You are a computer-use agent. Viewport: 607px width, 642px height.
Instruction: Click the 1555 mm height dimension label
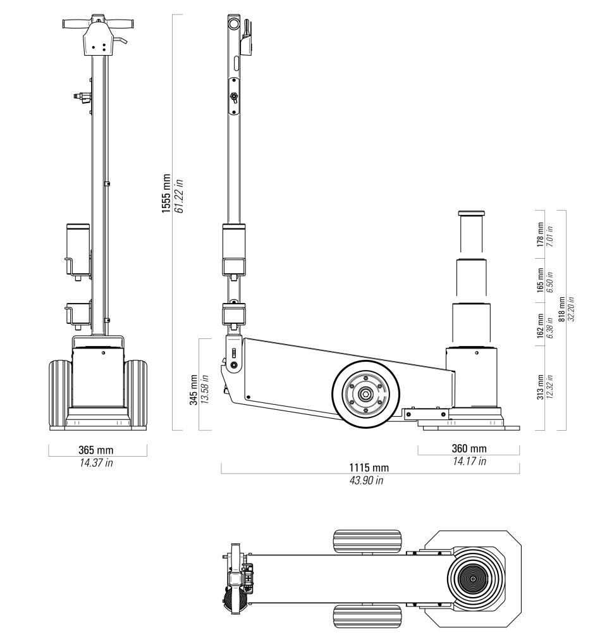click(166, 194)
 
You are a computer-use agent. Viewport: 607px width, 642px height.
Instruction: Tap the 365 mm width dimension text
click(95, 450)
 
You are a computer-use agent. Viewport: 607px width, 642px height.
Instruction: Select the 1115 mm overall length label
click(369, 467)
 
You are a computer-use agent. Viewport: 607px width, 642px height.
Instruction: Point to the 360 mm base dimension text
click(469, 448)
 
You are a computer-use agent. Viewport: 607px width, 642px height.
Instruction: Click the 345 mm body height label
click(193, 390)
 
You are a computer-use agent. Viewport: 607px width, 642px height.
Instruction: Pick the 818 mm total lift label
click(561, 309)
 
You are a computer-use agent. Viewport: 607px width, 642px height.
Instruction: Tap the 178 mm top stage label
click(540, 235)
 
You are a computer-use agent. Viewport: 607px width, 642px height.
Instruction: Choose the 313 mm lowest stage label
click(540, 386)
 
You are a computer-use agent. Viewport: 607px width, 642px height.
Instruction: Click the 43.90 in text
click(366, 480)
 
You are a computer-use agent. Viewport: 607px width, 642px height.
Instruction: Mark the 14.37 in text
click(96, 462)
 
